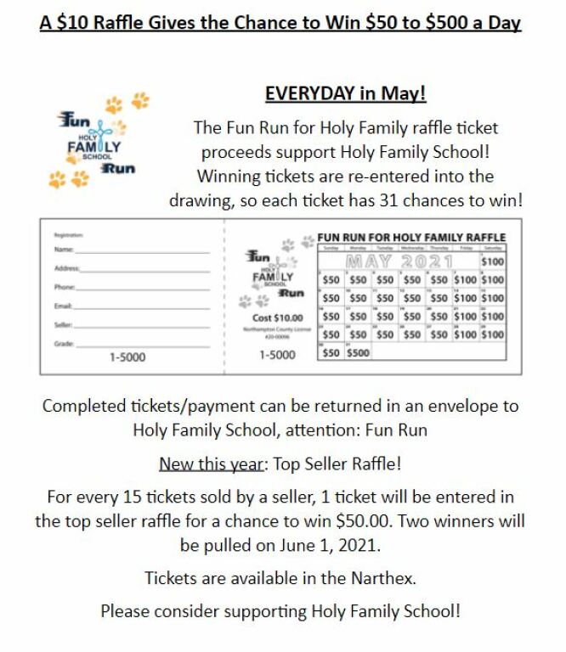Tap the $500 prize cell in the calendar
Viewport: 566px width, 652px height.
tap(358, 352)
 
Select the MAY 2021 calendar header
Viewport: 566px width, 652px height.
tap(399, 261)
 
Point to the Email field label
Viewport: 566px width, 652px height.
tap(62, 306)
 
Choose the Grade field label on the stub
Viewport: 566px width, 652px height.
tap(62, 344)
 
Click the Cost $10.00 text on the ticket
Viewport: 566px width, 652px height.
tap(277, 318)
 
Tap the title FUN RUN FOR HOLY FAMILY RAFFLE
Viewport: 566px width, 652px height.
tap(411, 237)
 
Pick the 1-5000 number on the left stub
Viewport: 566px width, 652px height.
tap(127, 357)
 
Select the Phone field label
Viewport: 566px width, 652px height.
tap(64, 287)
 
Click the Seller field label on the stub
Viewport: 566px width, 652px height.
tap(62, 325)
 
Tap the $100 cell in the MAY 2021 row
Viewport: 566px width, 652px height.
tap(492, 261)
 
